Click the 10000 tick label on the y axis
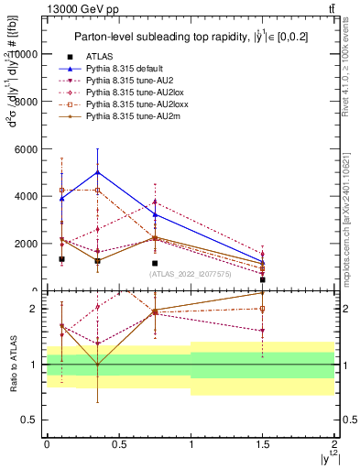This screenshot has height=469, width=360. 25,54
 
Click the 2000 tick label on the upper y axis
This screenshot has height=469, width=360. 27,244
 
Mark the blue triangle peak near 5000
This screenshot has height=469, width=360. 97,172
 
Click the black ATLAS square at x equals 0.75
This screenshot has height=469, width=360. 155,263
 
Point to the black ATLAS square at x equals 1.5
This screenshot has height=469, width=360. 263,279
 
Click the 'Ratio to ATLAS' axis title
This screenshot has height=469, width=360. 11,364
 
